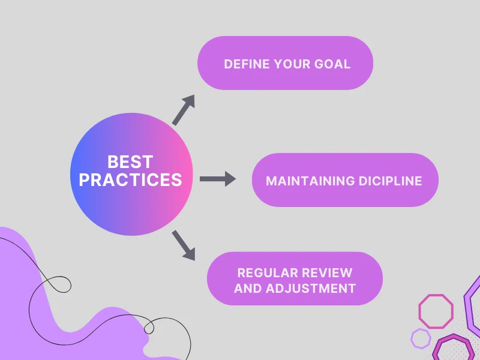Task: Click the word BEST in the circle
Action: pos(130,162)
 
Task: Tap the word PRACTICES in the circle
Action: pos(130,179)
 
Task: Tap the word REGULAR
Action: pos(264,273)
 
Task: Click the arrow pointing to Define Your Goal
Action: pos(184,109)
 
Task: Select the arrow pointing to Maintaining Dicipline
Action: pos(217,179)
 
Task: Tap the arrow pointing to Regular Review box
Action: pos(184,246)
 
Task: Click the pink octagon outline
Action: pos(436,311)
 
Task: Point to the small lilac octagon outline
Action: pos(421,338)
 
